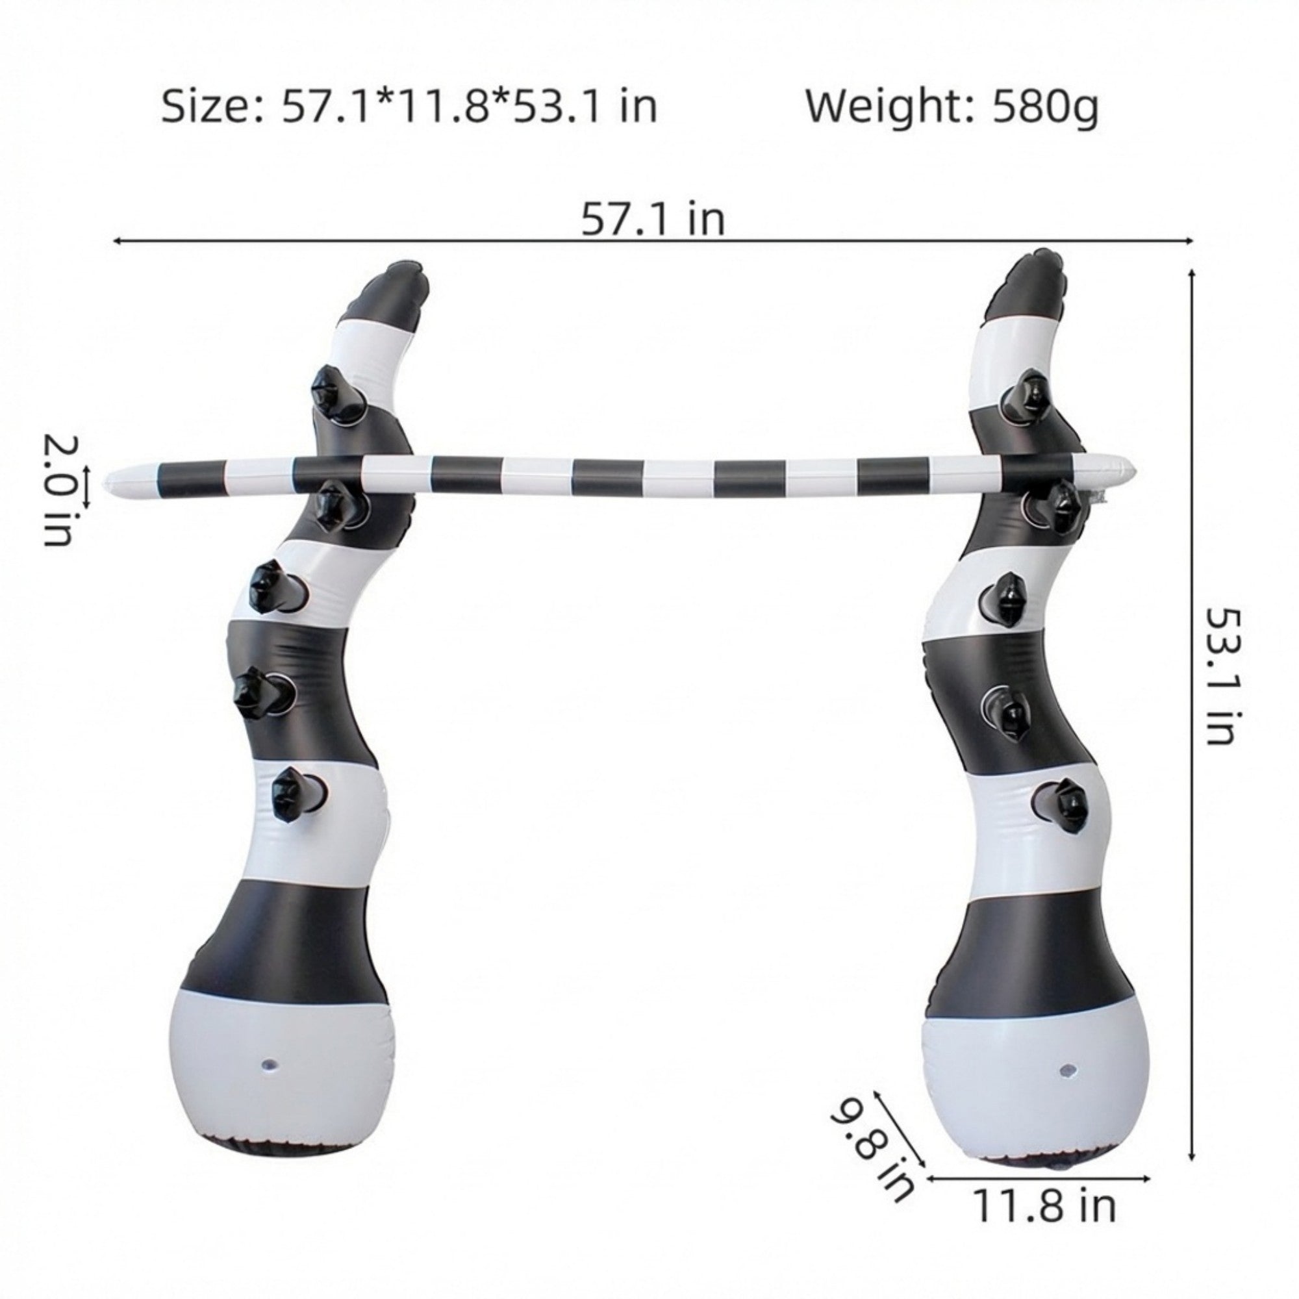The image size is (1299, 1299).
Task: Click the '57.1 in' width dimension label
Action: pyautogui.click(x=653, y=218)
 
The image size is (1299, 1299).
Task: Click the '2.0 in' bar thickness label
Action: pyautogui.click(x=60, y=491)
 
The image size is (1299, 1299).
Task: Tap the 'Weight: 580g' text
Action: pyautogui.click(x=952, y=109)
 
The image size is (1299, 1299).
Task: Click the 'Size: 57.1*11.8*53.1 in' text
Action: pyautogui.click(x=409, y=108)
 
